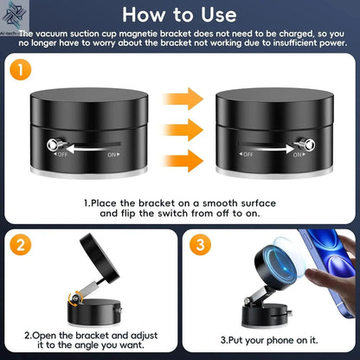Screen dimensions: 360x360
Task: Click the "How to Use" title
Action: (x=179, y=15)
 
